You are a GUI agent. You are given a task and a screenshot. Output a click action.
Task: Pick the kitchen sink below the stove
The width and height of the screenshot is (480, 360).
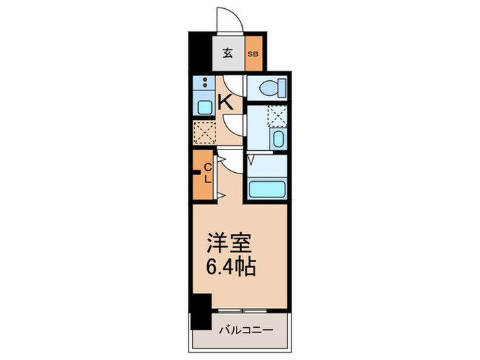click(204, 107)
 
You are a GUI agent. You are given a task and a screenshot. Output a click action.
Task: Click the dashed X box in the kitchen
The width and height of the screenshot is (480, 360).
click(204, 130)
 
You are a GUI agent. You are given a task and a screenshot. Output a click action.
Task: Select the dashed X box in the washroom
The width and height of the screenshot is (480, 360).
click(278, 116)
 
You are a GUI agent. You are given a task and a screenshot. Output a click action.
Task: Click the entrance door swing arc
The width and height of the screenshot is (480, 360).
click(228, 19)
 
